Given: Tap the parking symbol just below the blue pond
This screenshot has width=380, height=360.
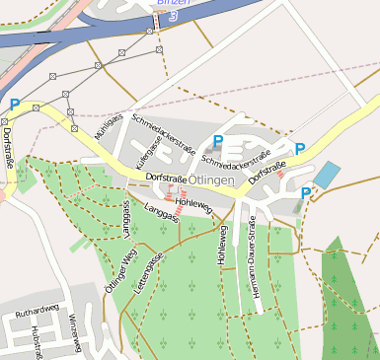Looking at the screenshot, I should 306,193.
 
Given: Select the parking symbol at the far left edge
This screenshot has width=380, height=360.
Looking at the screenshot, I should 15,104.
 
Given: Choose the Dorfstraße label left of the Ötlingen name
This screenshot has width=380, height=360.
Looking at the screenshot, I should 166,177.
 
